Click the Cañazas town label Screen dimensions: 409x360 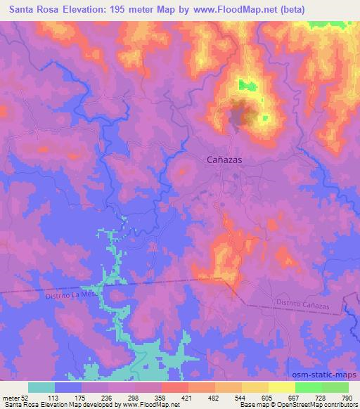tap(225, 160)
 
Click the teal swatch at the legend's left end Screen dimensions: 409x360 tap(41, 387)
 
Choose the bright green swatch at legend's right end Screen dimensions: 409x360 tap(335, 387)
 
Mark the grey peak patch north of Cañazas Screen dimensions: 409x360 tap(242, 115)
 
